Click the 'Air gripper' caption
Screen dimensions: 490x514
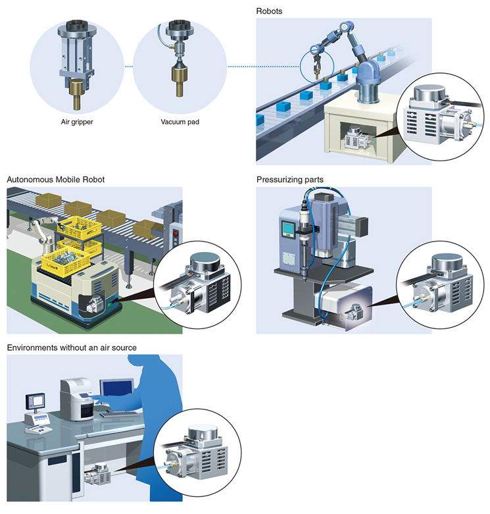point(77,122)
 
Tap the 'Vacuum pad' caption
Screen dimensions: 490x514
point(180,122)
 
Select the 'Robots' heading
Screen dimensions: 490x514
point(269,11)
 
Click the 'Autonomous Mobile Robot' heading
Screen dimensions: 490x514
point(56,180)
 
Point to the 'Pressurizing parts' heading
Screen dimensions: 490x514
point(290,180)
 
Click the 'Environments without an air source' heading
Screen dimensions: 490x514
point(72,347)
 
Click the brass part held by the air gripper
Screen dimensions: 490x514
point(78,93)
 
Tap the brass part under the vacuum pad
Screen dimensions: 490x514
point(180,80)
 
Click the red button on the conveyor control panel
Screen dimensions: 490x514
point(176,234)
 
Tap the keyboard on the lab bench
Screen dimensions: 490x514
point(119,414)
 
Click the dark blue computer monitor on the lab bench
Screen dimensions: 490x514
point(116,391)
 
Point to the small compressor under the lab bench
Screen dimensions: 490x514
point(98,473)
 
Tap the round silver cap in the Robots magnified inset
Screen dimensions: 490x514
point(429,92)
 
